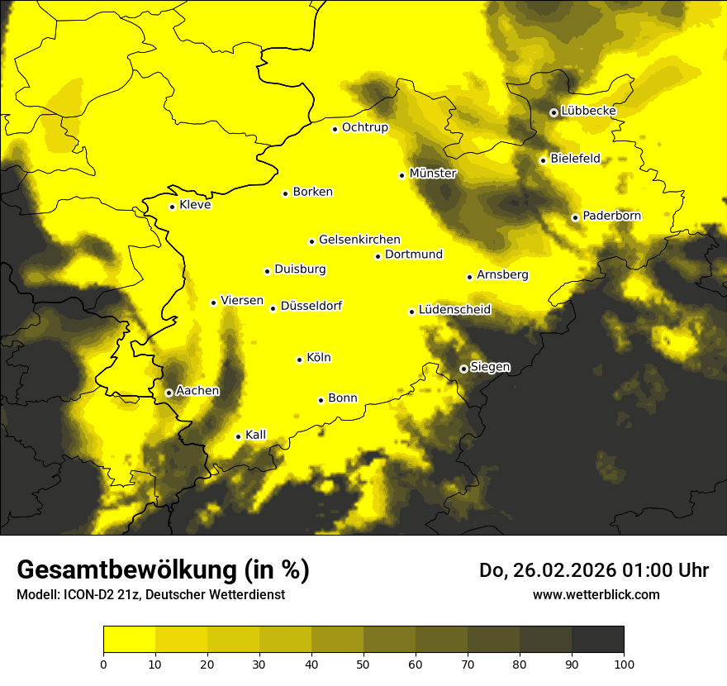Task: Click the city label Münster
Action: tap(433, 174)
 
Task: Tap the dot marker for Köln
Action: tap(300, 360)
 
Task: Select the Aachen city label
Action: tap(197, 391)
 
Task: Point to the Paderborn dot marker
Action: tap(576, 217)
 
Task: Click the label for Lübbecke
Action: tap(588, 111)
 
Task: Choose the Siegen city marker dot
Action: tap(463, 369)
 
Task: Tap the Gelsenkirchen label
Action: tap(359, 240)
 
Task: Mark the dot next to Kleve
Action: tap(173, 207)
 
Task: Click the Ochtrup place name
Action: tap(364, 127)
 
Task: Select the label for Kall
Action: tap(256, 435)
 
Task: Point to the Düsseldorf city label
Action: tap(311, 306)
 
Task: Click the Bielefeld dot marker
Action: tap(544, 160)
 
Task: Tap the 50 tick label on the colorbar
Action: tap(363, 664)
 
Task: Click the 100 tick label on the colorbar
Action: tap(624, 664)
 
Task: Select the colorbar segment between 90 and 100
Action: tap(597, 640)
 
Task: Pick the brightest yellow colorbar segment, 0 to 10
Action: tap(130, 640)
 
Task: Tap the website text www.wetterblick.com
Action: tap(596, 594)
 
